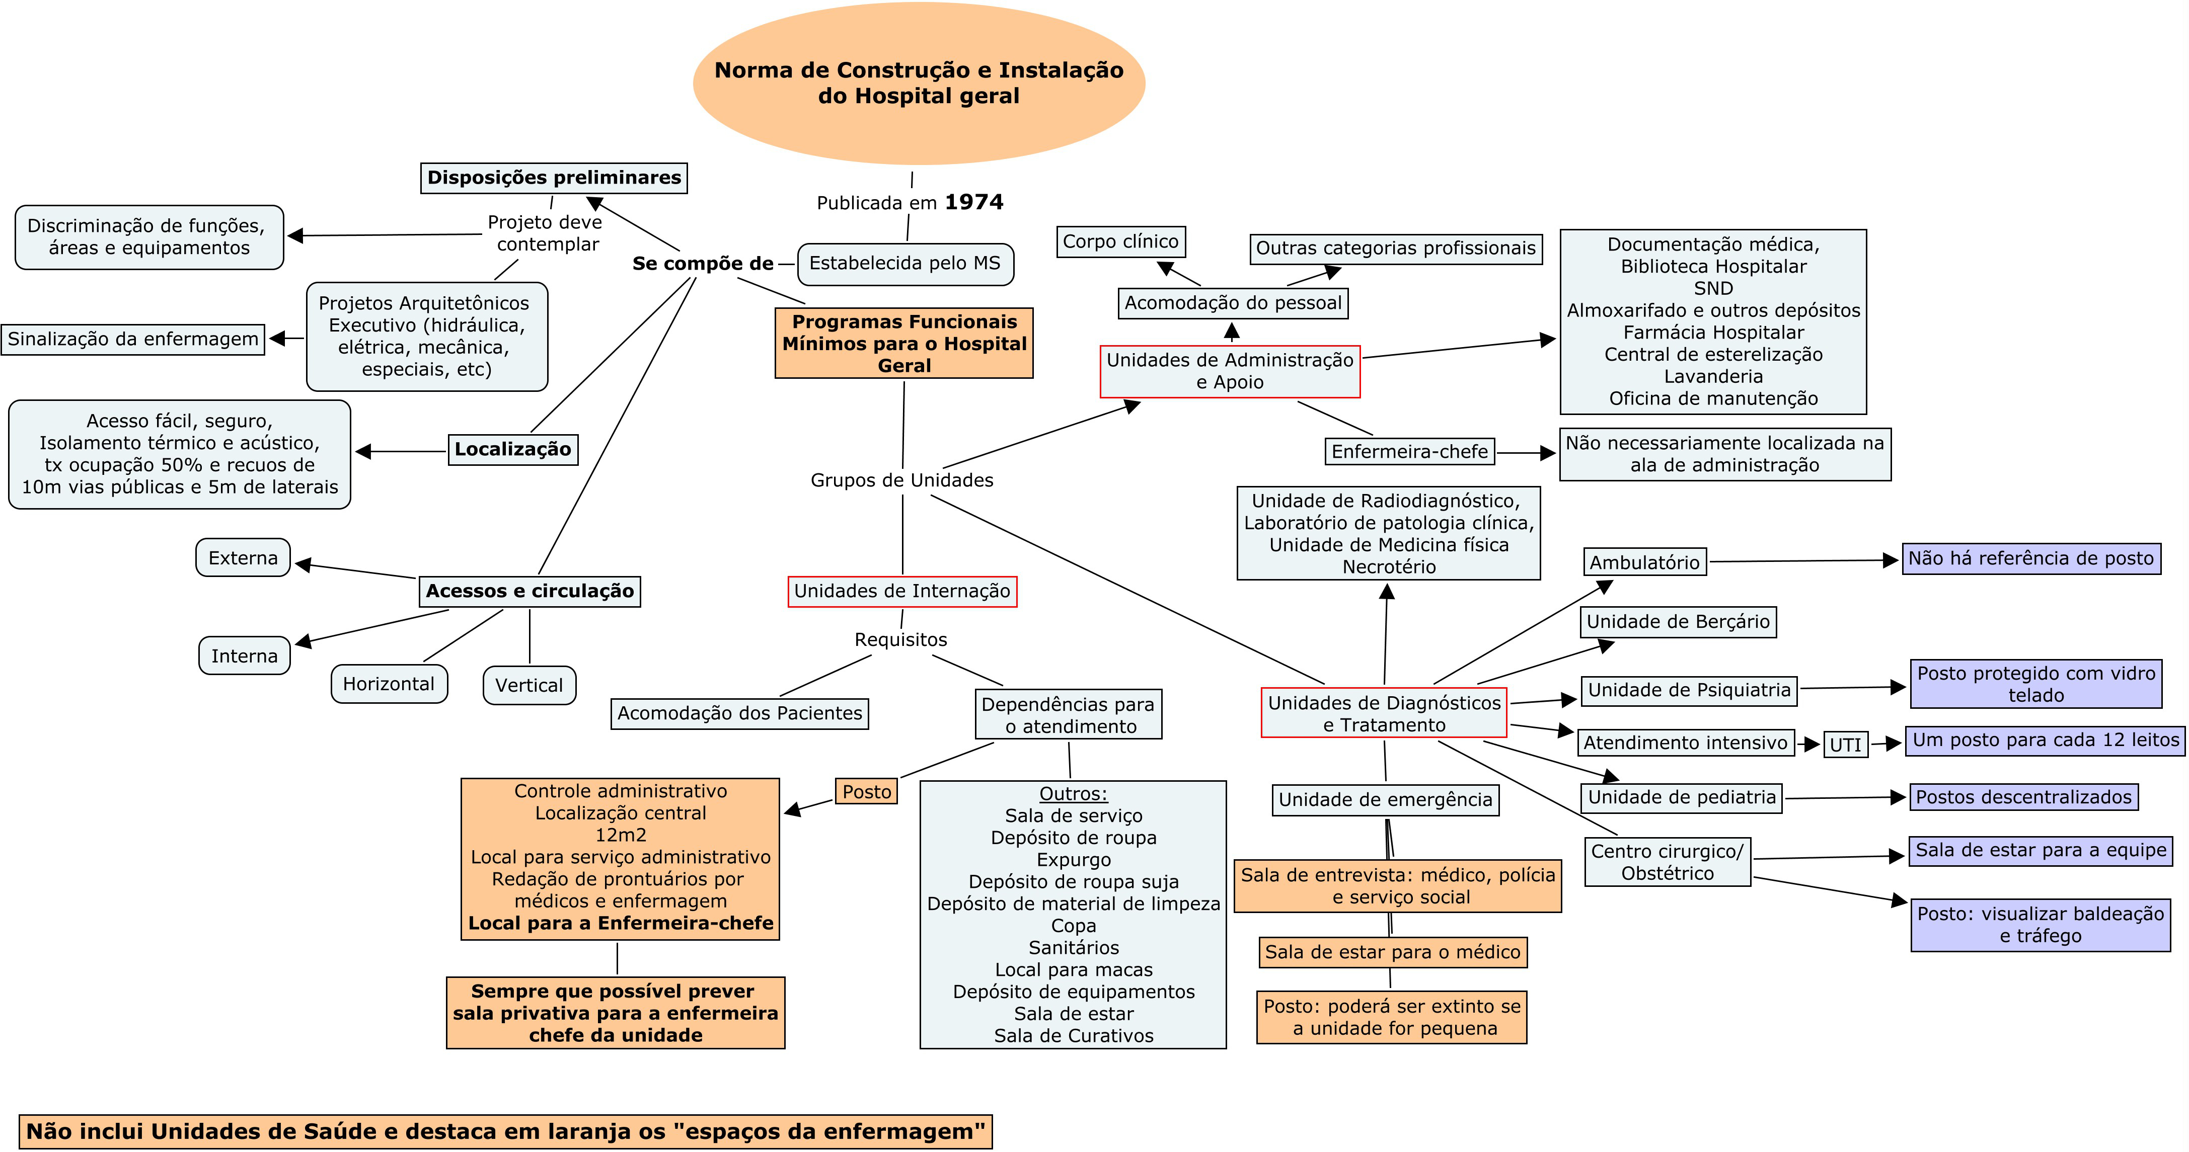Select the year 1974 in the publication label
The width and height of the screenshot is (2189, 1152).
(974, 202)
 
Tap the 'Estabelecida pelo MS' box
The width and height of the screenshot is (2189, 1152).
(905, 264)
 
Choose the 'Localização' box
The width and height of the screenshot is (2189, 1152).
(512, 449)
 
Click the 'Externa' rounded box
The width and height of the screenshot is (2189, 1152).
(243, 558)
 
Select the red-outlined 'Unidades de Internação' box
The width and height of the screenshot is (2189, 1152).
(901, 591)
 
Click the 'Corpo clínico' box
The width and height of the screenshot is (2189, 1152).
(1121, 241)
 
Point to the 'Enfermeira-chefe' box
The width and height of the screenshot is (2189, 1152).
(1410, 452)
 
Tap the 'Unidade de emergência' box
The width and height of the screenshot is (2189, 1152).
(1385, 799)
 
